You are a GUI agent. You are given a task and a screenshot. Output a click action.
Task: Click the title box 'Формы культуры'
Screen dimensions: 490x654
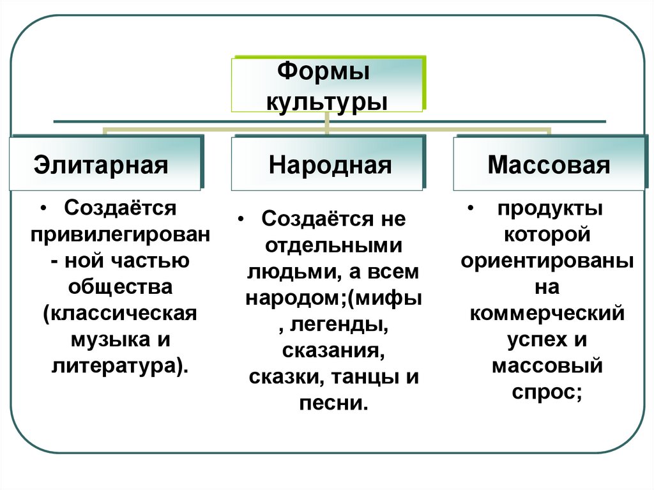326,85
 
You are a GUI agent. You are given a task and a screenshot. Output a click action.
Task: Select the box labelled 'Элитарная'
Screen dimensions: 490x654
105,164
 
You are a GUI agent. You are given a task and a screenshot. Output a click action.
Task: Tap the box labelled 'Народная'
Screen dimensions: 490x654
326,164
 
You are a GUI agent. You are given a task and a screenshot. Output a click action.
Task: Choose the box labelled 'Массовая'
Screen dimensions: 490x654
549,164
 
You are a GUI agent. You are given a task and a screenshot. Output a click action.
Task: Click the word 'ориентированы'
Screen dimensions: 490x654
547,261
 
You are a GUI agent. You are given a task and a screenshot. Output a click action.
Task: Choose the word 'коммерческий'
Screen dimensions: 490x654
547,314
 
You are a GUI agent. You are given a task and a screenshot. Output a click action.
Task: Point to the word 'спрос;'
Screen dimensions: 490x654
547,393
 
